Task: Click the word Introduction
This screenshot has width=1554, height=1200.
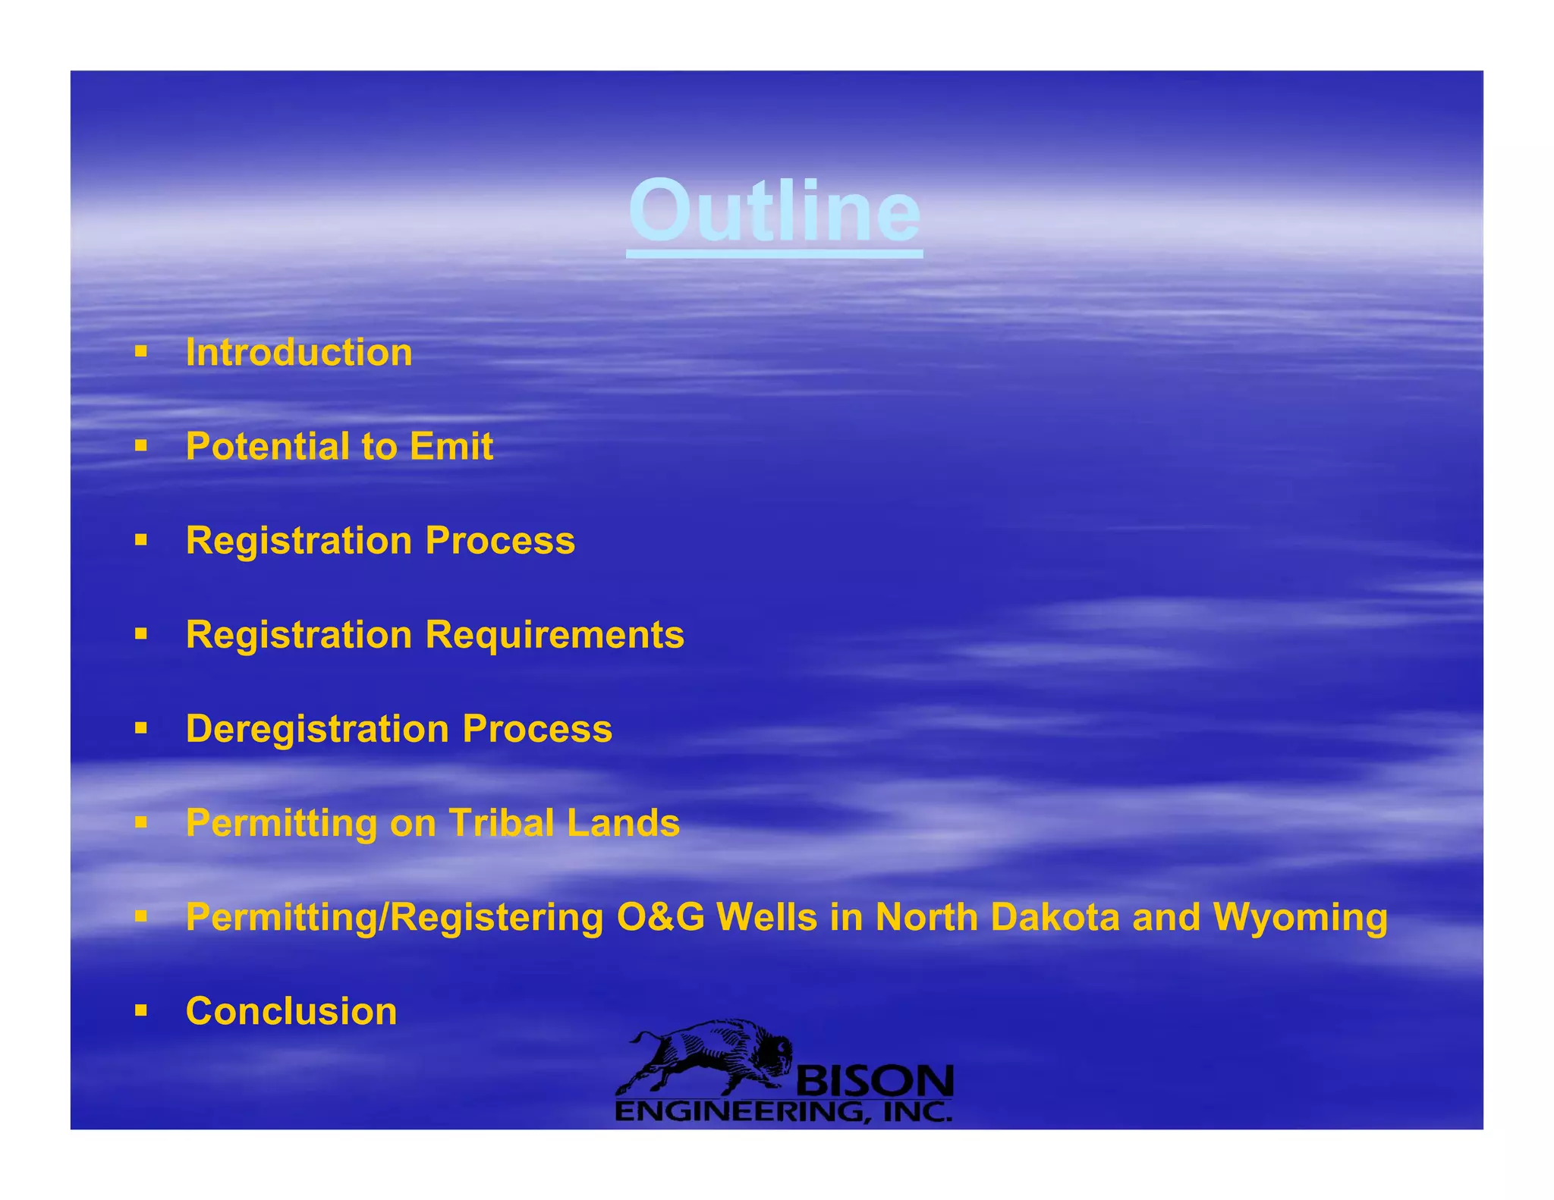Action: click(x=299, y=353)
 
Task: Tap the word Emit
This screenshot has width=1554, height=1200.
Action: click(x=451, y=446)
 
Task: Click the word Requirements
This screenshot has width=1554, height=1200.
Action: click(x=555, y=635)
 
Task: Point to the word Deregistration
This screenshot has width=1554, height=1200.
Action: click(x=317, y=729)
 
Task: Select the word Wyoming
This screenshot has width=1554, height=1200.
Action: click(x=1300, y=917)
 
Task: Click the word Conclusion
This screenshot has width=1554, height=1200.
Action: click(x=291, y=1011)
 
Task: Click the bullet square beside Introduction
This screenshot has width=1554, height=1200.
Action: click(x=140, y=351)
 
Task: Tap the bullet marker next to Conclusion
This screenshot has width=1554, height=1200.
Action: click(x=140, y=1010)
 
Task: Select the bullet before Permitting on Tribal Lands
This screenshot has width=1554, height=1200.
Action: click(x=140, y=821)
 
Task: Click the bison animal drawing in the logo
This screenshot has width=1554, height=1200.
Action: click(x=706, y=1054)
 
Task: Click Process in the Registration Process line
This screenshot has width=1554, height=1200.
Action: click(x=500, y=541)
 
